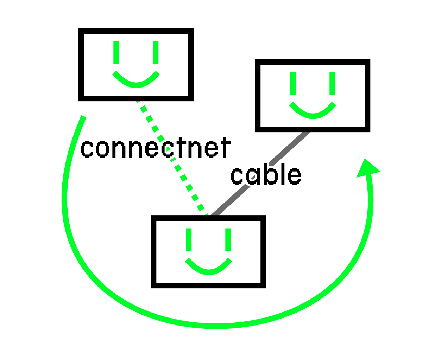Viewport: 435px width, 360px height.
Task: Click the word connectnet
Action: [155, 148]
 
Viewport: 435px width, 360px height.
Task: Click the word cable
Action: [266, 175]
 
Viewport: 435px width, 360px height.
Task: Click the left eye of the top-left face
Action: [116, 53]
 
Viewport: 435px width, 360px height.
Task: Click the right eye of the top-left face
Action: [156, 53]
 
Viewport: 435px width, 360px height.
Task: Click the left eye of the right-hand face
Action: [293, 84]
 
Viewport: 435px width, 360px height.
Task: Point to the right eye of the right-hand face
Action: [332, 84]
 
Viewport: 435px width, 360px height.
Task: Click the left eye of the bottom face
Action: [189, 239]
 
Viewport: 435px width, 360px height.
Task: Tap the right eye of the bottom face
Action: [228, 239]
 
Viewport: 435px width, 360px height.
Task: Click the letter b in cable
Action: [271, 174]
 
